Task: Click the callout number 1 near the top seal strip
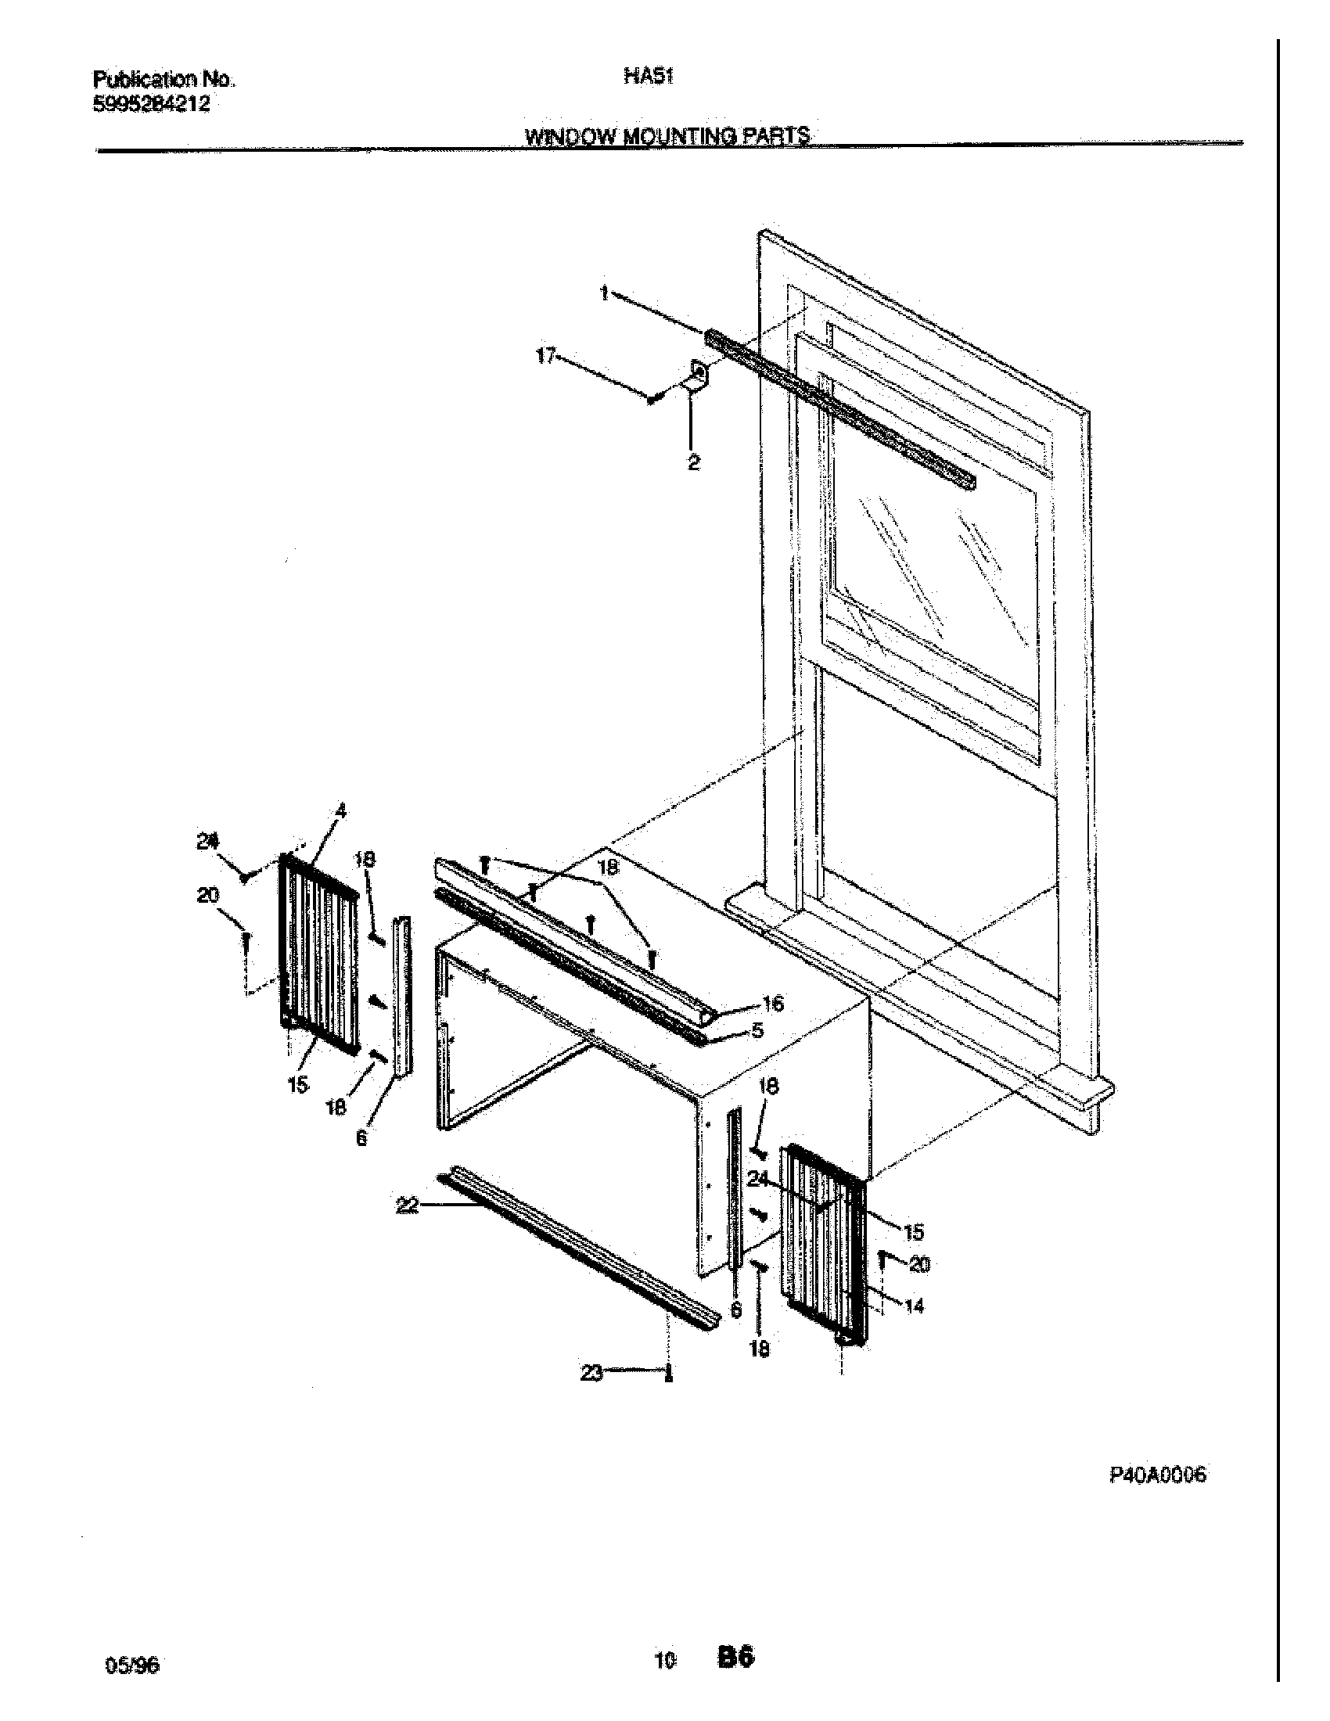pyautogui.click(x=604, y=294)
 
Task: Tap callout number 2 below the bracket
pyautogui.click(x=693, y=463)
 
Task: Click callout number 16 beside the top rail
pyautogui.click(x=773, y=1003)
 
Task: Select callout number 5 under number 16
pyautogui.click(x=757, y=1030)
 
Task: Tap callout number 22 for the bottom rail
pyautogui.click(x=407, y=1206)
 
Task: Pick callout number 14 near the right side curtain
pyautogui.click(x=914, y=1306)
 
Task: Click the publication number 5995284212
pyautogui.click(x=151, y=103)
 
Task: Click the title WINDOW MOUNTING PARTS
pyautogui.click(x=667, y=136)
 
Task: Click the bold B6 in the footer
pyautogui.click(x=735, y=1656)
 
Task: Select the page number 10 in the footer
pyautogui.click(x=665, y=1658)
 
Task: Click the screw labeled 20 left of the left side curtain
pyautogui.click(x=246, y=939)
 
